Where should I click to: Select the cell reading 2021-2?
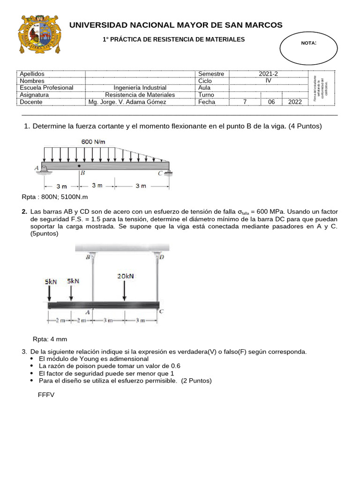click(x=268, y=74)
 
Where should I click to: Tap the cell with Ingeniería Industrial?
click(x=140, y=88)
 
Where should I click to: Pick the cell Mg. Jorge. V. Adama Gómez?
click(x=127, y=102)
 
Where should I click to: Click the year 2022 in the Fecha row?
click(x=295, y=102)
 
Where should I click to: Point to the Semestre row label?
click(x=211, y=74)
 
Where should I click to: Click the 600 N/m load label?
click(x=93, y=142)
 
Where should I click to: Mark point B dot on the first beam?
click(x=79, y=165)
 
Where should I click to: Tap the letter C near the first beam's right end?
click(x=160, y=173)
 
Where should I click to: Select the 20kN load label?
click(x=125, y=276)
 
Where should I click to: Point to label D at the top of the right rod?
click(x=162, y=257)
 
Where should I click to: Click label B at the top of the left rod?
click(x=88, y=257)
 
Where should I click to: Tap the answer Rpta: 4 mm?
click(x=50, y=339)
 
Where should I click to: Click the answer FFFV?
click(x=46, y=395)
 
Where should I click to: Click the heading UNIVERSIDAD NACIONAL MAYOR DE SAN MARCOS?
click(x=176, y=25)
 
